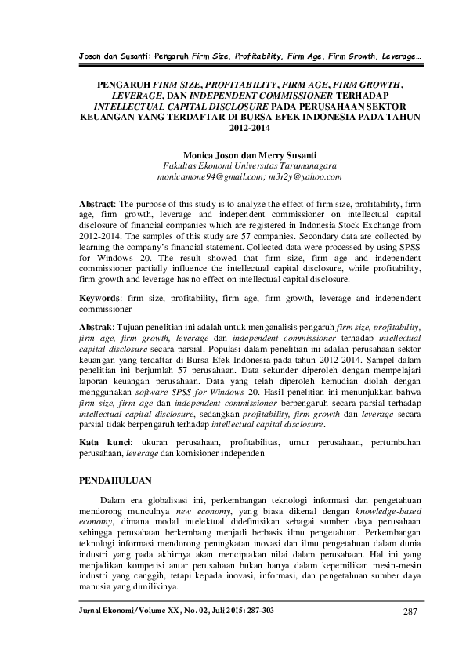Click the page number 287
(411, 611)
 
